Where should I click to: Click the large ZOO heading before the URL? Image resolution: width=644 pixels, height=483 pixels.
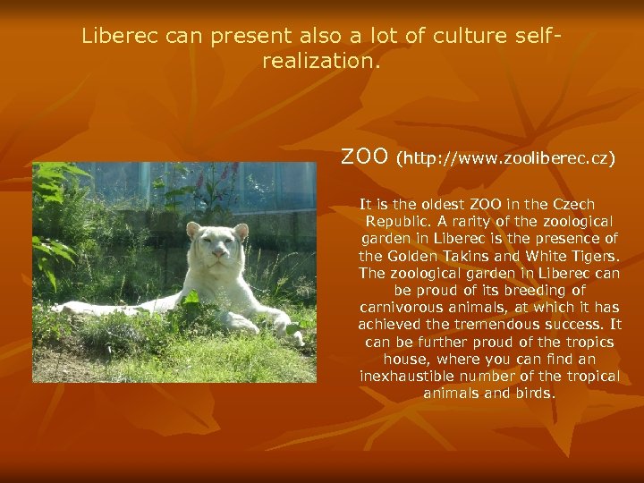[365, 157]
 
